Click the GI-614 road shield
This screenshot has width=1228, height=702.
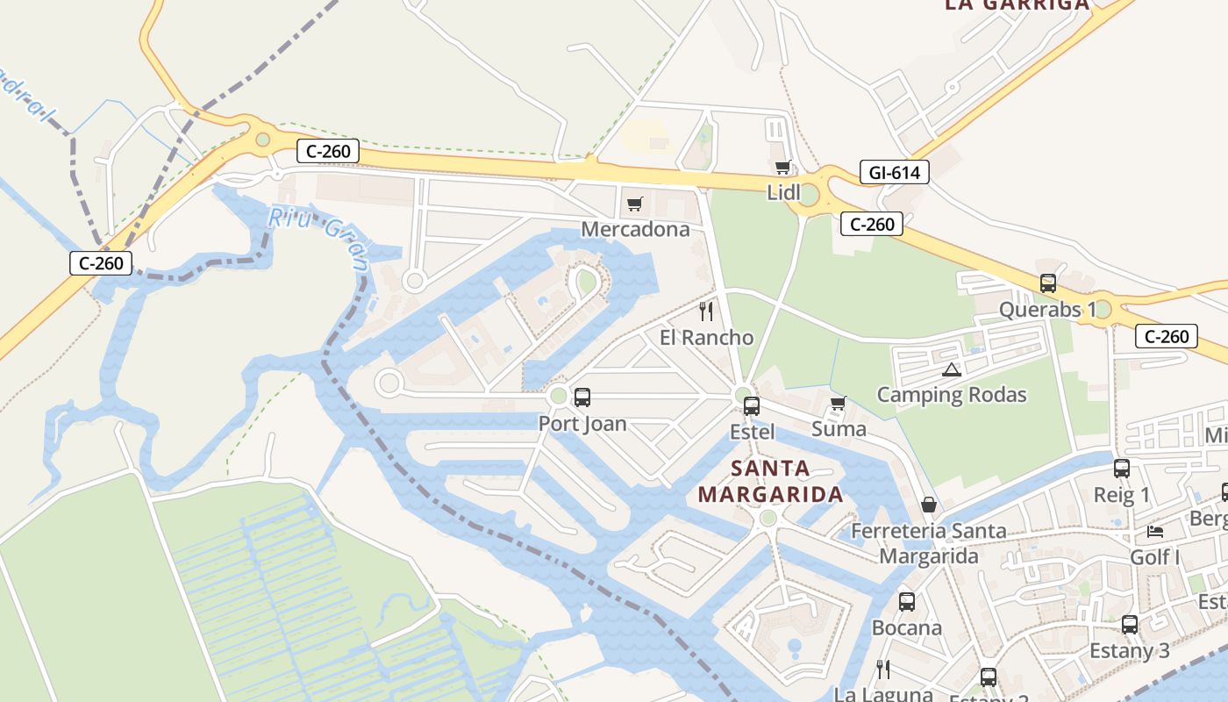[x=894, y=173]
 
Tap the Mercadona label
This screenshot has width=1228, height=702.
[x=635, y=230]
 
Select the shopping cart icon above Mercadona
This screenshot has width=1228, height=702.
[x=635, y=204]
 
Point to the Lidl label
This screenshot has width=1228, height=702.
[x=783, y=192]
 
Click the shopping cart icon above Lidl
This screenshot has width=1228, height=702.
[x=782, y=167]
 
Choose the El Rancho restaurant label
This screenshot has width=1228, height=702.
[x=706, y=338]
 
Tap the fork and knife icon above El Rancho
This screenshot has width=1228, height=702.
[x=706, y=312]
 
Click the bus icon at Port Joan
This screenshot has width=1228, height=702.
[x=582, y=398]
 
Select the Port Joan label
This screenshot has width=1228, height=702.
[x=582, y=424]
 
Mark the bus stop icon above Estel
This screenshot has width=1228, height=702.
[x=752, y=406]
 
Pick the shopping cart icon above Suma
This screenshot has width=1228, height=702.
[x=838, y=404]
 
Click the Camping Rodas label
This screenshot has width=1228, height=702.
[x=952, y=395]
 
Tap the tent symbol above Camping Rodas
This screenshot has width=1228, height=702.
[x=952, y=369]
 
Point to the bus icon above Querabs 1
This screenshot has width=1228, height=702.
[x=1048, y=283]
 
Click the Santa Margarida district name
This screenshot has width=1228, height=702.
[x=771, y=481]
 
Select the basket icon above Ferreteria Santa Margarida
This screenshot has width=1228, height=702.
[x=929, y=505]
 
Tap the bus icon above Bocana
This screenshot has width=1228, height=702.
[x=907, y=602]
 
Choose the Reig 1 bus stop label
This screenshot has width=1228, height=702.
[x=1121, y=495]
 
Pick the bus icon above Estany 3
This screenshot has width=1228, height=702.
[x=1130, y=625]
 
